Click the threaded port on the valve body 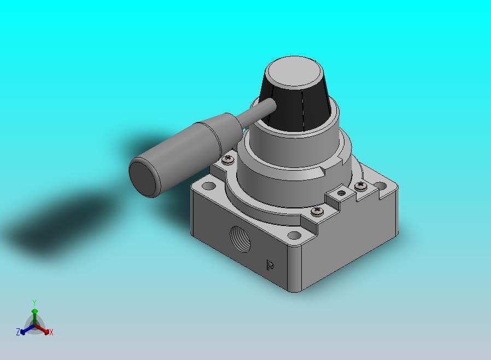point(240,239)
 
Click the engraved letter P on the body point(270,265)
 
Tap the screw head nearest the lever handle point(228,159)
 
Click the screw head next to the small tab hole point(361,186)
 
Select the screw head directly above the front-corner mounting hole point(318,211)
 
